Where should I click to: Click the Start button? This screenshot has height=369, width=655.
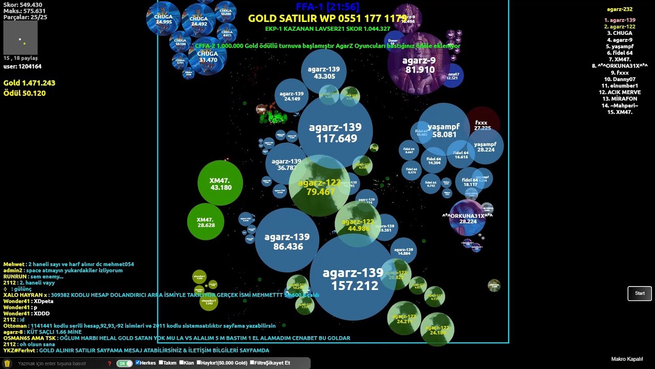click(x=640, y=293)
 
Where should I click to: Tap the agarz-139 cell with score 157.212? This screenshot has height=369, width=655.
click(x=353, y=279)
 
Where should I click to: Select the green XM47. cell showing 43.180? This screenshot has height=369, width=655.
click(x=220, y=183)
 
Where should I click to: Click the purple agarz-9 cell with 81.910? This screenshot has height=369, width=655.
click(x=419, y=64)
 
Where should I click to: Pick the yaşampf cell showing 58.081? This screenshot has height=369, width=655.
click(x=443, y=129)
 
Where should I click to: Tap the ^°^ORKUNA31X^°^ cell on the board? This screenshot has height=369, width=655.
click(x=467, y=218)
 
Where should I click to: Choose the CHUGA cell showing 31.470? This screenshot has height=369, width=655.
click(x=208, y=56)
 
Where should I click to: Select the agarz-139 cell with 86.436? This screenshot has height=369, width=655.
click(x=287, y=241)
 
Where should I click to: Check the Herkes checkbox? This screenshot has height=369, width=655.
click(x=138, y=363)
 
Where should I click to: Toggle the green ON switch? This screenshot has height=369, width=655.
click(x=124, y=363)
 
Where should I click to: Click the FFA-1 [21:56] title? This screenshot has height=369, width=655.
click(x=327, y=7)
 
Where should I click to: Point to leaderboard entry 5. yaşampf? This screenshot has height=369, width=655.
click(x=620, y=46)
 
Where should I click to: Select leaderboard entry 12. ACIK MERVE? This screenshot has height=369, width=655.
click(x=620, y=92)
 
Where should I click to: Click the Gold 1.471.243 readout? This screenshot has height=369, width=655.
click(x=29, y=83)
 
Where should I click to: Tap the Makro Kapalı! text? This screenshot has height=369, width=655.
click(x=627, y=359)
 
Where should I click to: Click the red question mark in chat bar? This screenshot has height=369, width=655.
click(x=110, y=363)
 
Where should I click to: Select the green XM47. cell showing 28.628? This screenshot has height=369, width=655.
click(x=206, y=222)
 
